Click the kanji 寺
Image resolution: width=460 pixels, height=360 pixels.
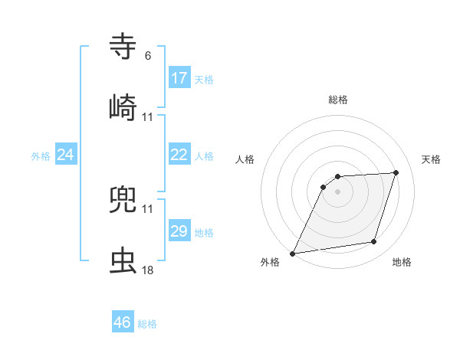click(123, 46)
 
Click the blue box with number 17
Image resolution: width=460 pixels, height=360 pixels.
click(179, 78)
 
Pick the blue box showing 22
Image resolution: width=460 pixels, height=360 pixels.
click(179, 155)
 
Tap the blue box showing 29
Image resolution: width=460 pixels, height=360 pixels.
click(179, 231)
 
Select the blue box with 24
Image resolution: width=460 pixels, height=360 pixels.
click(66, 155)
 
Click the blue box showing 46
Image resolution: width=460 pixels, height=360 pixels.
click(123, 322)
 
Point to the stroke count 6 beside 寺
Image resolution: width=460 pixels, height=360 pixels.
click(148, 56)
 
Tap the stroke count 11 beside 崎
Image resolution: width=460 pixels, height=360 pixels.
click(148, 117)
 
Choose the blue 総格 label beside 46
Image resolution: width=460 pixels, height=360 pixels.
click(147, 324)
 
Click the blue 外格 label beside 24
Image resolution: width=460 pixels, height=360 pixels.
click(41, 156)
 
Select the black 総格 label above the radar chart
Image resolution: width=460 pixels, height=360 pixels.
click(338, 100)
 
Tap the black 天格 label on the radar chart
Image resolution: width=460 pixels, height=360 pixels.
click(432, 159)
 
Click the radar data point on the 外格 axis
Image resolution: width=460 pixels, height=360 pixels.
click(293, 253)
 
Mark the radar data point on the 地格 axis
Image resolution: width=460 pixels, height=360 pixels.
click(374, 242)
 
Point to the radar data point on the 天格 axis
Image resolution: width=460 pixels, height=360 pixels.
click(396, 172)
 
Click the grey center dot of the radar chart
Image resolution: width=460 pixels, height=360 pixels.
click(338, 191)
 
